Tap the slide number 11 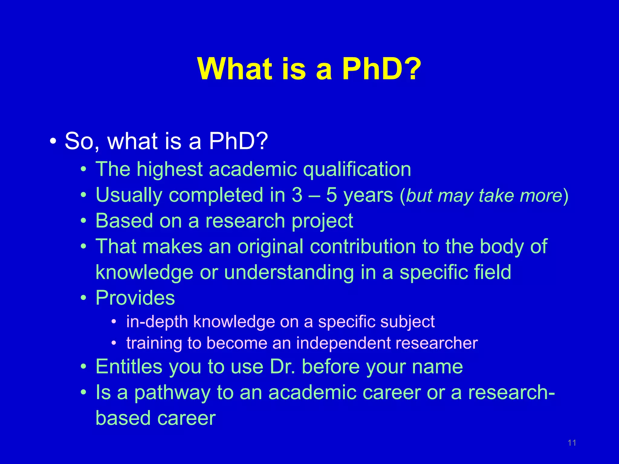[572, 443]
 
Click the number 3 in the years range [297, 195]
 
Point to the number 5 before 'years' [331, 195]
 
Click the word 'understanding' [289, 273]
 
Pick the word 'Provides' [135, 298]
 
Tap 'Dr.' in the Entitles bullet [283, 367]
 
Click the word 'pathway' [172, 393]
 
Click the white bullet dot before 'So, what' [53, 141]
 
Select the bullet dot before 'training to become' [114, 343]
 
